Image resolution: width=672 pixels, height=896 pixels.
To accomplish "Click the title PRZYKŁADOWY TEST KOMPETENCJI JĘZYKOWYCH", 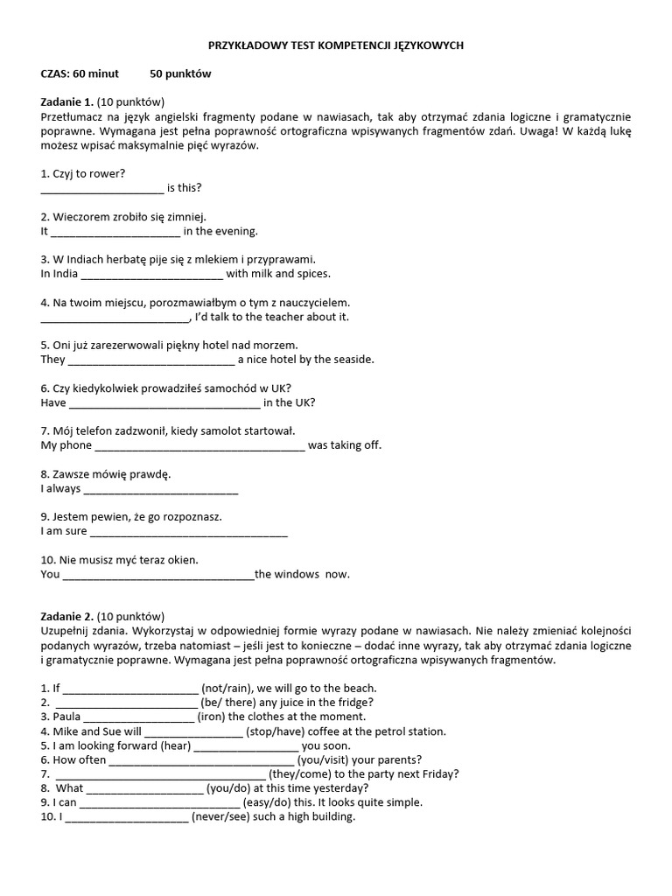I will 336,45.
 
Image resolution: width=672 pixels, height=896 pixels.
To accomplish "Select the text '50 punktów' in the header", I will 180,73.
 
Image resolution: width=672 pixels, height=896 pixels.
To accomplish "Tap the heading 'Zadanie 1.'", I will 67,101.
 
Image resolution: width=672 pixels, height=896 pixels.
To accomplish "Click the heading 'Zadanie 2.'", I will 67,616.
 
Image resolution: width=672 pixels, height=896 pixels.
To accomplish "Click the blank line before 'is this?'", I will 102,187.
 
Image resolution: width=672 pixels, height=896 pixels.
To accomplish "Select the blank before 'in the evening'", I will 115,231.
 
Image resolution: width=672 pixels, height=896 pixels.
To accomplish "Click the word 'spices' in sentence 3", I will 311,274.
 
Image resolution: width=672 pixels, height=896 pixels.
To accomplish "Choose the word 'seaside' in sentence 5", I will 350,360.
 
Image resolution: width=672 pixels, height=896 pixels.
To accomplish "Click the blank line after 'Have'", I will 164,402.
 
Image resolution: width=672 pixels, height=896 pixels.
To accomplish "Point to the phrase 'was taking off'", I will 345,445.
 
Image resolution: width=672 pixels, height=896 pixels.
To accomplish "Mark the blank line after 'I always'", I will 160,488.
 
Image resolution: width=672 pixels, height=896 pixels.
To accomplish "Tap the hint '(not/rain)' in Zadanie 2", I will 227,688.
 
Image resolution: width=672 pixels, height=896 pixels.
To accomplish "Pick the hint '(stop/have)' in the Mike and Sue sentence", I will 276,731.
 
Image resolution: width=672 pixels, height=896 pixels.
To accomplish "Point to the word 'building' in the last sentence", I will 331,817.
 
